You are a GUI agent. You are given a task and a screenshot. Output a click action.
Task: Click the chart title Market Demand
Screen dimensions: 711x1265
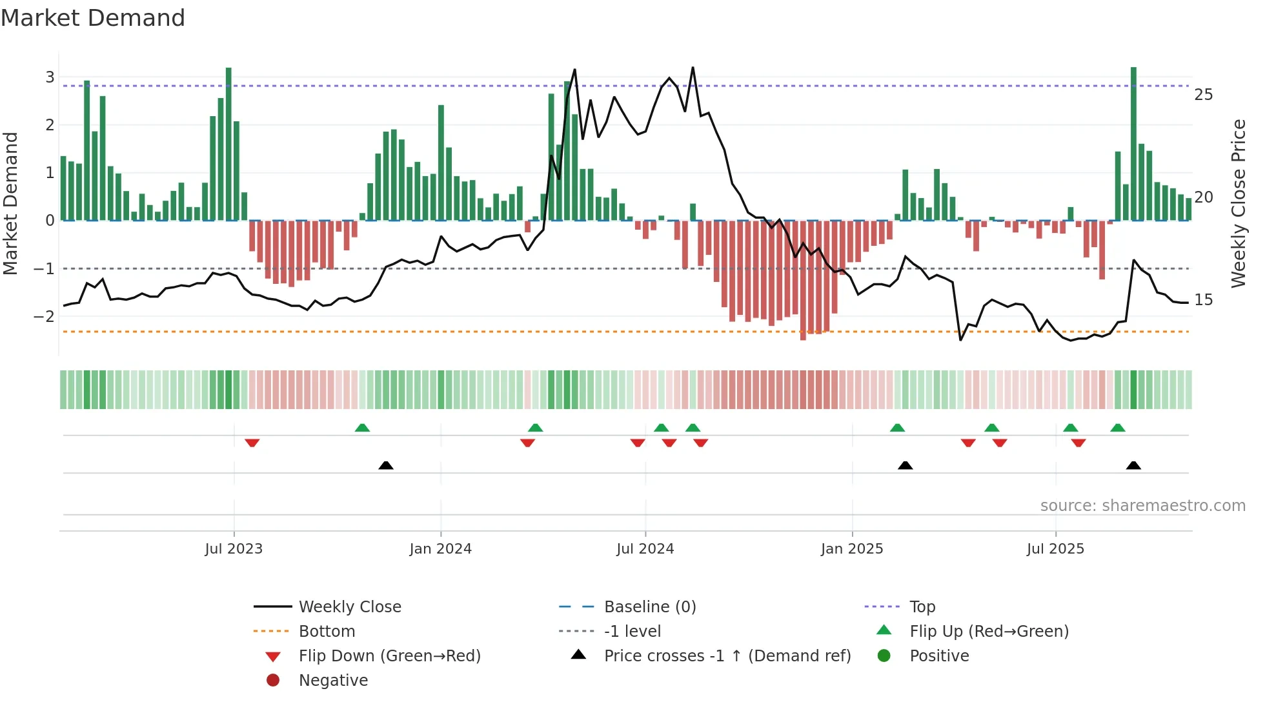[93, 18]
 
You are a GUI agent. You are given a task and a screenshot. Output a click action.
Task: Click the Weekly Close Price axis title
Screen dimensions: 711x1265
[1238, 203]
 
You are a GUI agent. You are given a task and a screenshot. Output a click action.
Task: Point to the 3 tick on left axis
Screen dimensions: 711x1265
[50, 77]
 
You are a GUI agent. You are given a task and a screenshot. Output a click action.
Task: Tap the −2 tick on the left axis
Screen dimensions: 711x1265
[44, 316]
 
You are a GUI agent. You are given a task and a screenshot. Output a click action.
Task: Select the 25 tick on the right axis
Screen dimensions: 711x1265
[1203, 95]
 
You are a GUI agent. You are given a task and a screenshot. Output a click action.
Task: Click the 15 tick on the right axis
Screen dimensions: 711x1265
[1203, 300]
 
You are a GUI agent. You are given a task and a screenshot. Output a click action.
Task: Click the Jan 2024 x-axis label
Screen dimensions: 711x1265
[440, 549]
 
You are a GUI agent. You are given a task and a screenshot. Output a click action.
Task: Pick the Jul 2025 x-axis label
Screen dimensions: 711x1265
[1055, 549]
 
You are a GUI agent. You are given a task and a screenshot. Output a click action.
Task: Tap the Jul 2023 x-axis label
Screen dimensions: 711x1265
[234, 549]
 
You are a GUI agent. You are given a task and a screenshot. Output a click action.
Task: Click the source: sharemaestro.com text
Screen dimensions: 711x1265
[1142, 506]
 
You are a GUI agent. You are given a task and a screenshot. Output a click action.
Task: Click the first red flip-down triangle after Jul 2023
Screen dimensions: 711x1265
[252, 443]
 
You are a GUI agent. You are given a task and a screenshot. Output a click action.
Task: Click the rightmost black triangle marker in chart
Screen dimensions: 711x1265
[1133, 465]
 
